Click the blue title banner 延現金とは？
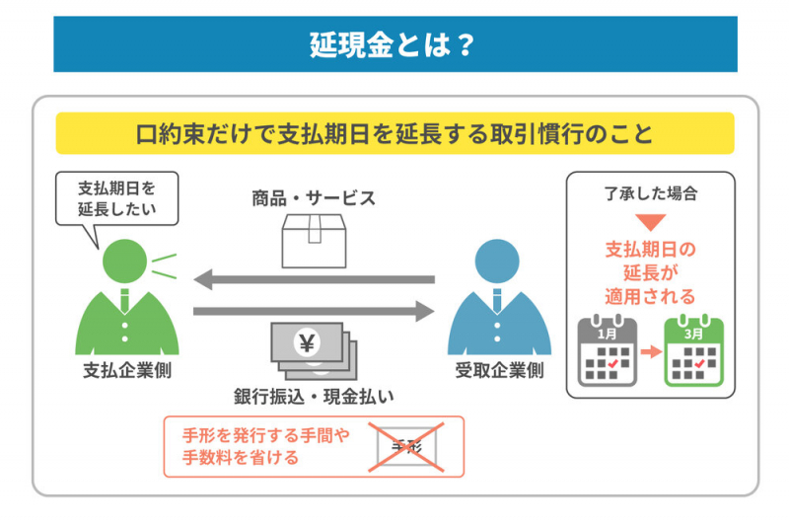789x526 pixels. point(394,44)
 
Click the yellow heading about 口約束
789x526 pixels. point(394,133)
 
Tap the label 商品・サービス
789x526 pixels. point(314,197)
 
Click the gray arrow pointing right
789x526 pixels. point(314,312)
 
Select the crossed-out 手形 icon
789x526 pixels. point(405,447)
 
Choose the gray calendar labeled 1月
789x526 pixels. point(608,351)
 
